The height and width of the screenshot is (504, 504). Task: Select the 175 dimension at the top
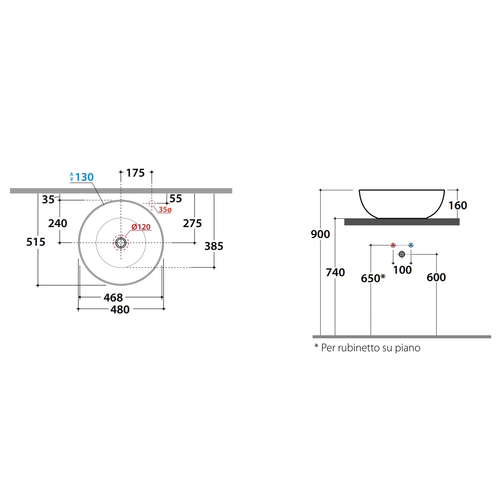[135, 173]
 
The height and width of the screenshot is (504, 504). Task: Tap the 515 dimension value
[36, 242]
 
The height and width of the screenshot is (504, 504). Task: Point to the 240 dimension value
[57, 223]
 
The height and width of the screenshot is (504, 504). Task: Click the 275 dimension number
[192, 223]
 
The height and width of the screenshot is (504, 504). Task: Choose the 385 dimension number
[214, 246]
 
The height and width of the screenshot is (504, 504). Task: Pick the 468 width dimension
[113, 297]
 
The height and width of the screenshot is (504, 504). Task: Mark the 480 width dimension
[120, 309]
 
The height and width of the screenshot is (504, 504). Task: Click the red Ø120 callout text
[141, 227]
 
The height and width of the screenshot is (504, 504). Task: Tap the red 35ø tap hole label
[165, 210]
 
